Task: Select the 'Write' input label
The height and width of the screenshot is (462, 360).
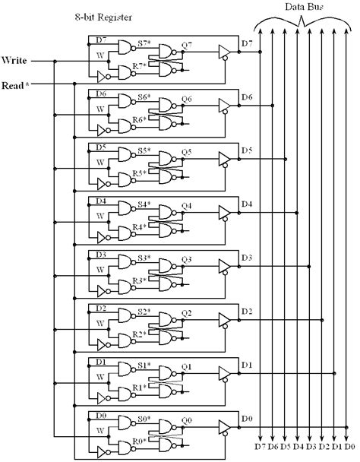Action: tap(15, 59)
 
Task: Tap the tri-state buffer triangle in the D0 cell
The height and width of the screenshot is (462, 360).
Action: tap(223, 424)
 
